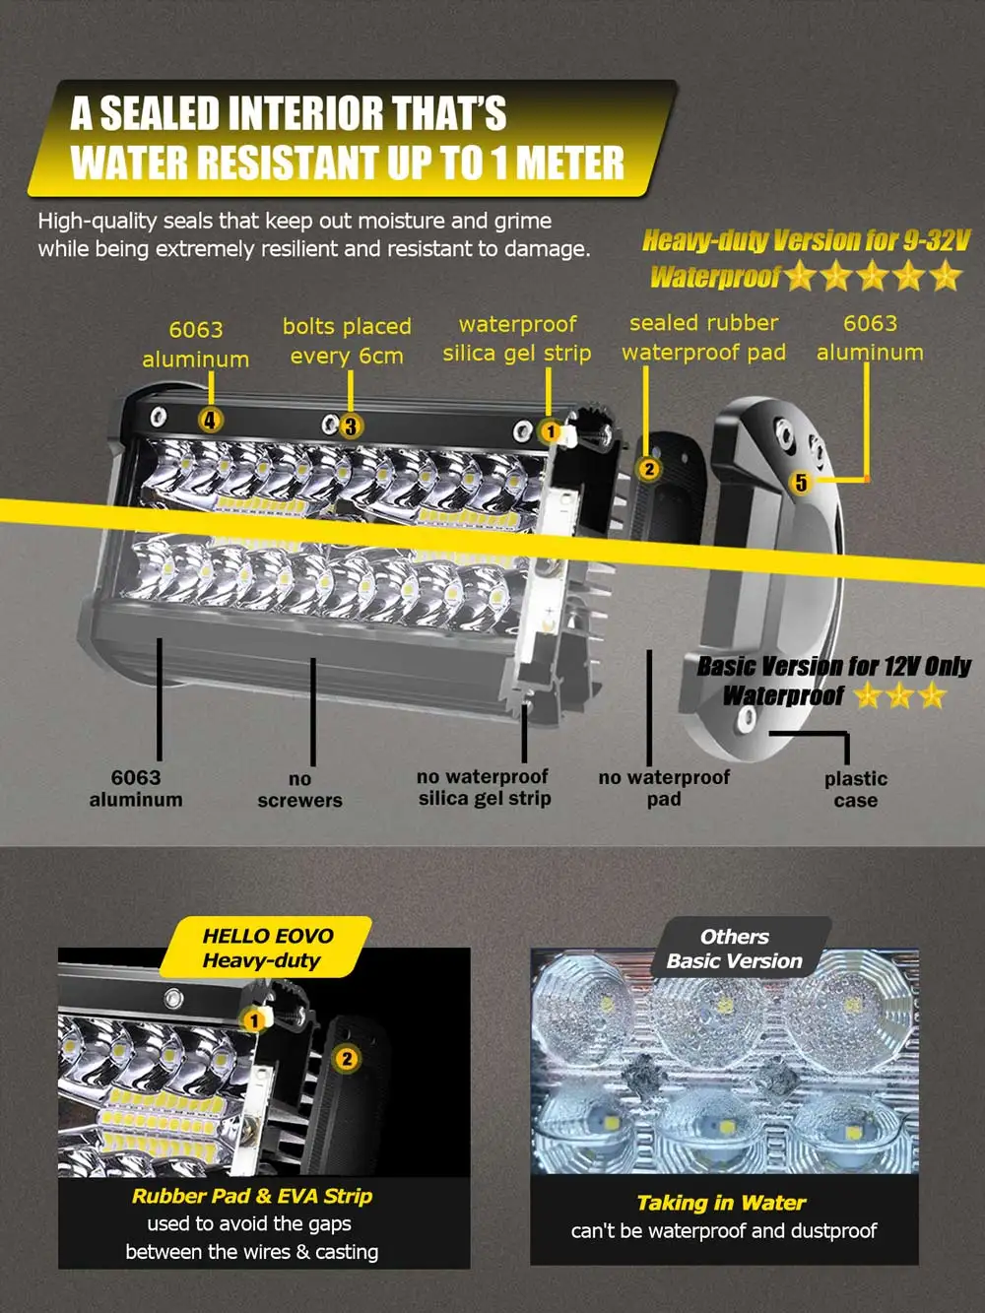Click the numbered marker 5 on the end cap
[x=802, y=482]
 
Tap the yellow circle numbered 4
[x=210, y=420]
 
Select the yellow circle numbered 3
[x=351, y=427]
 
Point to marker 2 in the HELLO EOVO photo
[x=347, y=1060]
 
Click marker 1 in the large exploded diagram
[x=551, y=430]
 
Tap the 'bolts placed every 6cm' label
[x=347, y=341]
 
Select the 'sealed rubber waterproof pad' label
[x=704, y=338]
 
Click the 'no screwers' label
[x=299, y=790]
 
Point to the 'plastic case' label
[x=856, y=790]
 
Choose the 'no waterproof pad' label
[x=664, y=788]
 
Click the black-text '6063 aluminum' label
[x=136, y=788]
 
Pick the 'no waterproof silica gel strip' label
[x=484, y=787]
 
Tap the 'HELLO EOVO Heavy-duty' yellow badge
[x=267, y=948]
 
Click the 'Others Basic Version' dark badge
[x=736, y=949]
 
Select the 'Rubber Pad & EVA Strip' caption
[x=252, y=1196]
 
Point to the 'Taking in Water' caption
[x=721, y=1203]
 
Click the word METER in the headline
[x=570, y=163]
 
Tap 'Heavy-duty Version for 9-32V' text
[x=806, y=241]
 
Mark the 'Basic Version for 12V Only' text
[x=833, y=667]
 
